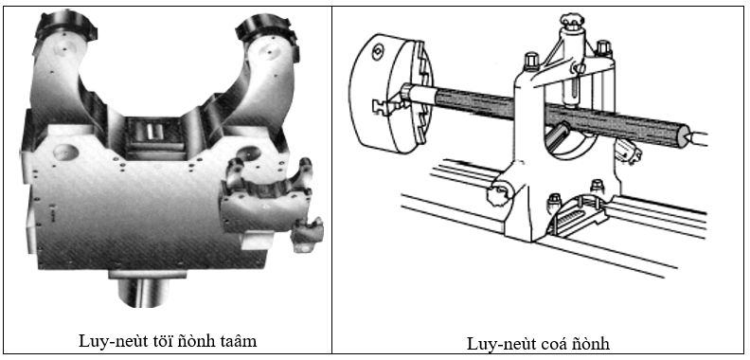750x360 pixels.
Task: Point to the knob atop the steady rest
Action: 572,21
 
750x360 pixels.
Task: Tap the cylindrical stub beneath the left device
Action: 143,290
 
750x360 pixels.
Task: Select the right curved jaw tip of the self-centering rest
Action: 266,28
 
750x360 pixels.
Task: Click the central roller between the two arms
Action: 152,133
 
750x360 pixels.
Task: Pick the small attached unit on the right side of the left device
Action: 268,201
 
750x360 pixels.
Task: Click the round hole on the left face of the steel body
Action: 65,153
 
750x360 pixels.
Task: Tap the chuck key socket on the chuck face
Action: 378,49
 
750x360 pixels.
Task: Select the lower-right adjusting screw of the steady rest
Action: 629,150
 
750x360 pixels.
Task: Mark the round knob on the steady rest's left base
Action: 498,193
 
